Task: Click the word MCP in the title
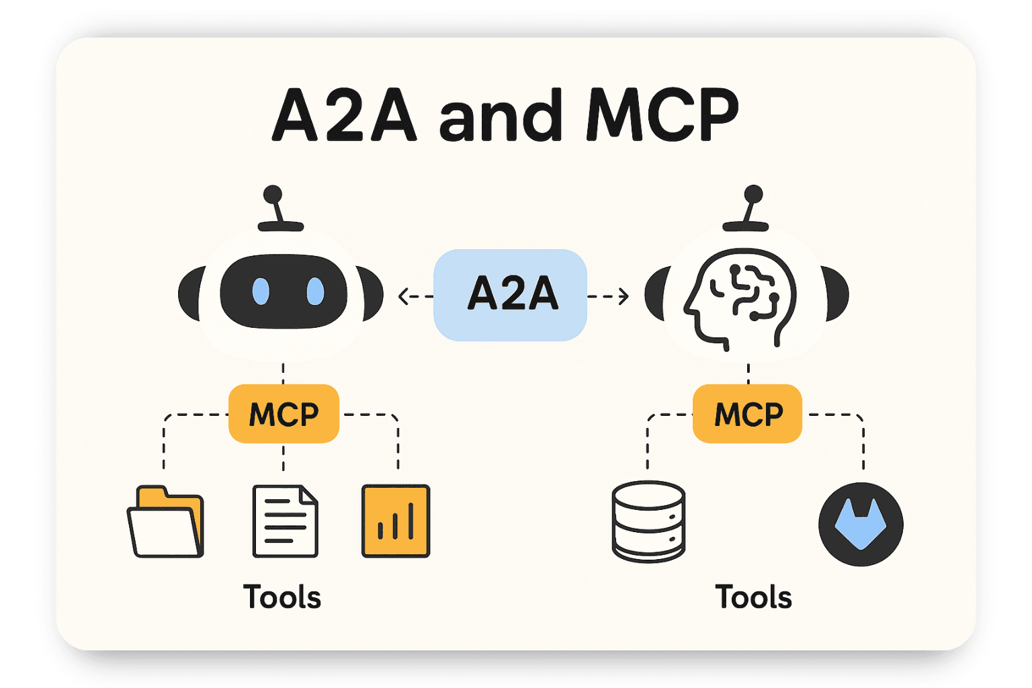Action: pos(662,116)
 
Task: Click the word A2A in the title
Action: pos(344,116)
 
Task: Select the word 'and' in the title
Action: pos(501,116)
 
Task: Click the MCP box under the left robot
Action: pos(284,414)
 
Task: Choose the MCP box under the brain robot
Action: pos(748,414)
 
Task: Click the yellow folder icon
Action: pos(165,522)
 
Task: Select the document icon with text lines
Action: pos(285,521)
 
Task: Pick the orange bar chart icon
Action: pos(396,521)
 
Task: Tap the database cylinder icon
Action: pos(648,521)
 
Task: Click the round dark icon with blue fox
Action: pos(861,524)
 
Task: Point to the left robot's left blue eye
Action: pos(261,292)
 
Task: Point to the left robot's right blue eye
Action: pos(314,292)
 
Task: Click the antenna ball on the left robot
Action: pos(273,195)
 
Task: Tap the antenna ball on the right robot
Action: pos(753,194)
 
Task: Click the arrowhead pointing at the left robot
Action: pos(403,296)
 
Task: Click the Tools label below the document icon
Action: pos(282,597)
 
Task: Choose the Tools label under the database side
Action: pos(753,597)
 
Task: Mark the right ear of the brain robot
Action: pos(837,294)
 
